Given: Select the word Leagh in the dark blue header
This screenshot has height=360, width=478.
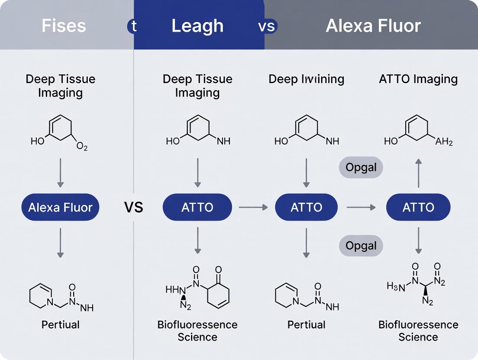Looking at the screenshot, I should tap(197, 26).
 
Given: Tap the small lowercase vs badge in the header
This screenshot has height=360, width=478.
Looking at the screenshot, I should tap(267, 26).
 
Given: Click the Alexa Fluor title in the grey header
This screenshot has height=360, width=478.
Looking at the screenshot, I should tap(373, 26).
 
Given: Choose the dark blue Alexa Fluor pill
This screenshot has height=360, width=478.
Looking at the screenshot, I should tap(60, 207).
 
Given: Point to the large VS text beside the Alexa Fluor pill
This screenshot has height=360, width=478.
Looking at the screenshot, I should tap(133, 207).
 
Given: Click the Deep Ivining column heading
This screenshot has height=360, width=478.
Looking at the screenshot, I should tap(306, 79).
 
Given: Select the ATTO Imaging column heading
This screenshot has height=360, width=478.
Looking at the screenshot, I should tap(418, 79).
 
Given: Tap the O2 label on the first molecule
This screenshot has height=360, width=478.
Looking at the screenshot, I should tap(82, 147).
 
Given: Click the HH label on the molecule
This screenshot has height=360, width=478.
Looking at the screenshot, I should tap(172, 290).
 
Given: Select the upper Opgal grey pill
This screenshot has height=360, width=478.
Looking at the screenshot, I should tap(361, 167).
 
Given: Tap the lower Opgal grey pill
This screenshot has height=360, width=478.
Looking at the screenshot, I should tap(361, 246).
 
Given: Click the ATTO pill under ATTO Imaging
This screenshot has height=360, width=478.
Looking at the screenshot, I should tap(418, 207).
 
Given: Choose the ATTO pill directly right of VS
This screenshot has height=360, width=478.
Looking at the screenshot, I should tap(197, 207).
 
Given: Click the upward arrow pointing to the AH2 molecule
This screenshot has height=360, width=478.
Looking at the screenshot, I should tap(418, 173).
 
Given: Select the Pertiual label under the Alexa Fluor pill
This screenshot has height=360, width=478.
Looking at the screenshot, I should tap(60, 325).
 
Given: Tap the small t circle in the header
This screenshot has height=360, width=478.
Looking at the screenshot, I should tap(134, 26).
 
